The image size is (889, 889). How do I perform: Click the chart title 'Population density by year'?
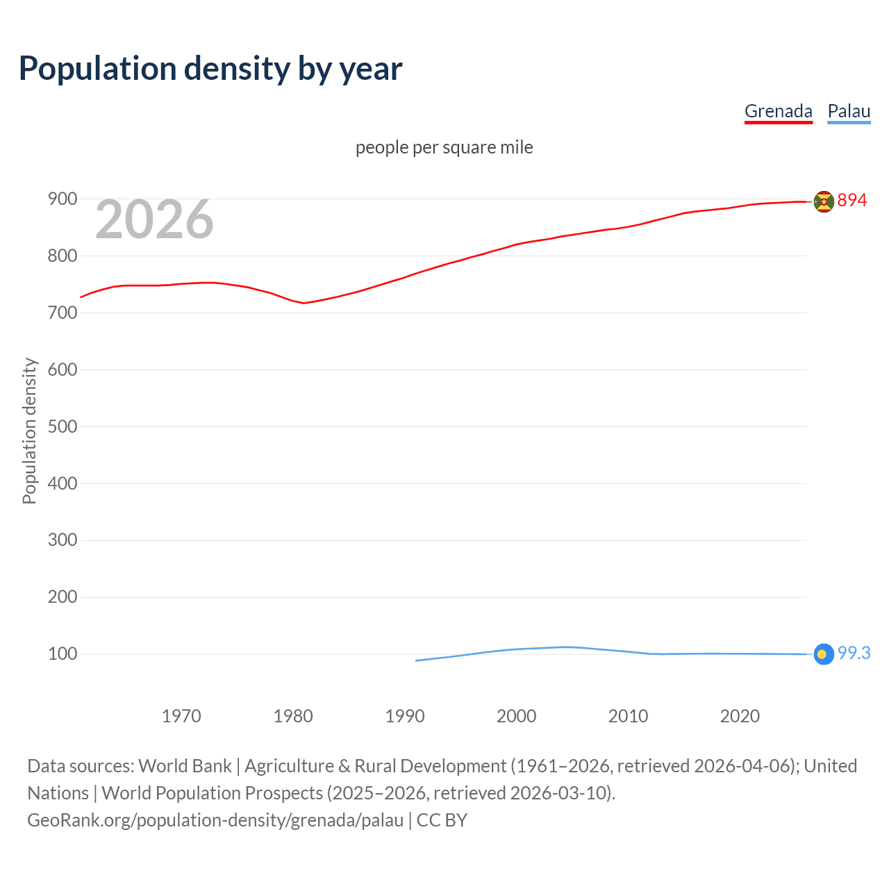tap(210, 69)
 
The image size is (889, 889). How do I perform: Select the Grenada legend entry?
tap(778, 111)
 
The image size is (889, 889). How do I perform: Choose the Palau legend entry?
tap(849, 111)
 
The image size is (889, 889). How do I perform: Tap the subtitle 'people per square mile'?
tap(444, 148)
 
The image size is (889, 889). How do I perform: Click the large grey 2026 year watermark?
tap(154, 219)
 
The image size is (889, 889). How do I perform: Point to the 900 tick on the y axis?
tap(62, 199)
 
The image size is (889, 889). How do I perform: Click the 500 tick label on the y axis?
tap(62, 426)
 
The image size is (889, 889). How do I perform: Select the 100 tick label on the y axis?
tap(62, 654)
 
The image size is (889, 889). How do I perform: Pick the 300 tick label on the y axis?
tap(62, 540)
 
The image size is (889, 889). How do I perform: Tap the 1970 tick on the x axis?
tap(181, 716)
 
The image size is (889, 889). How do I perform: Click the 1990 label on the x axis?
tap(405, 716)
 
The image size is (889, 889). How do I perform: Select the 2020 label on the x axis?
tap(740, 716)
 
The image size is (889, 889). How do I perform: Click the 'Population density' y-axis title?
tap(29, 431)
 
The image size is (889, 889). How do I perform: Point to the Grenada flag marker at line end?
tap(824, 201)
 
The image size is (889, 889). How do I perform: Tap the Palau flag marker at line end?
tap(824, 654)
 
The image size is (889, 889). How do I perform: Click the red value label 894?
tap(852, 201)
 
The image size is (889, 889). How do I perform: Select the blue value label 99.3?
tap(854, 654)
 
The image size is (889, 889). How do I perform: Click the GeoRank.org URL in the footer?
tap(215, 820)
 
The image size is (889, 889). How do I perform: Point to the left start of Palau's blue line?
tap(417, 660)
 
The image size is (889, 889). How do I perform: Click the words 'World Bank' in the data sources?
tap(185, 766)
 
